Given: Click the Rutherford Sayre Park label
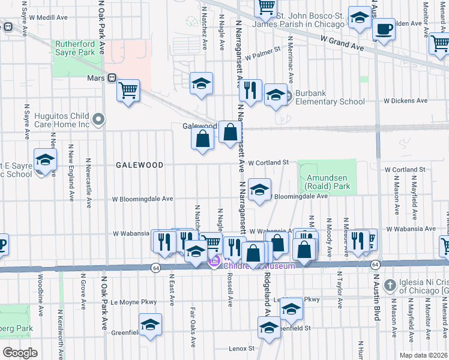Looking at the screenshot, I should coord(76,48).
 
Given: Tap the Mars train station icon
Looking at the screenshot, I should coord(112,77).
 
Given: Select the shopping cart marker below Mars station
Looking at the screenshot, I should coord(128,91).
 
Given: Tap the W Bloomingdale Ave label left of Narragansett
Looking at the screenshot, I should coord(142,199).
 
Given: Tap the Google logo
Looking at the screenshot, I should coord(20,352).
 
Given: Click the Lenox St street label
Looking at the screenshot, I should coord(241,348).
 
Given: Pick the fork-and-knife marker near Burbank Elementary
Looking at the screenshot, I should coord(250,90).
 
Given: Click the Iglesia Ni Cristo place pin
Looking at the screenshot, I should coord(390,284).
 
